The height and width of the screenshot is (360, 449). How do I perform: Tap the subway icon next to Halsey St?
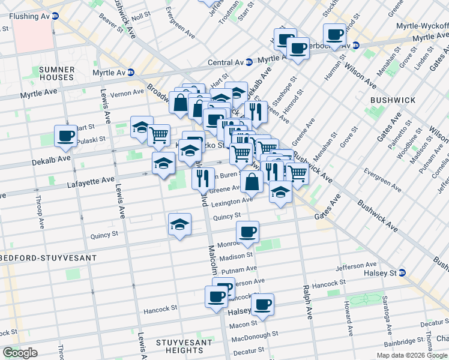tap(402, 272)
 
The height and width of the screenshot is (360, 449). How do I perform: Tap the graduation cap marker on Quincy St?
tap(179, 224)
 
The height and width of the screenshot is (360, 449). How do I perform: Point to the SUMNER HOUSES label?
tap(56, 73)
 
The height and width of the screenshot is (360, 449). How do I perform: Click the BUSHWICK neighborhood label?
tap(388, 100)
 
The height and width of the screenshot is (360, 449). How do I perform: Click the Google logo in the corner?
tap(19, 353)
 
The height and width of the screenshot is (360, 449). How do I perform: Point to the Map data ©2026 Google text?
tap(412, 355)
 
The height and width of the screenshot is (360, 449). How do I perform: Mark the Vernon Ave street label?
tap(127, 92)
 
